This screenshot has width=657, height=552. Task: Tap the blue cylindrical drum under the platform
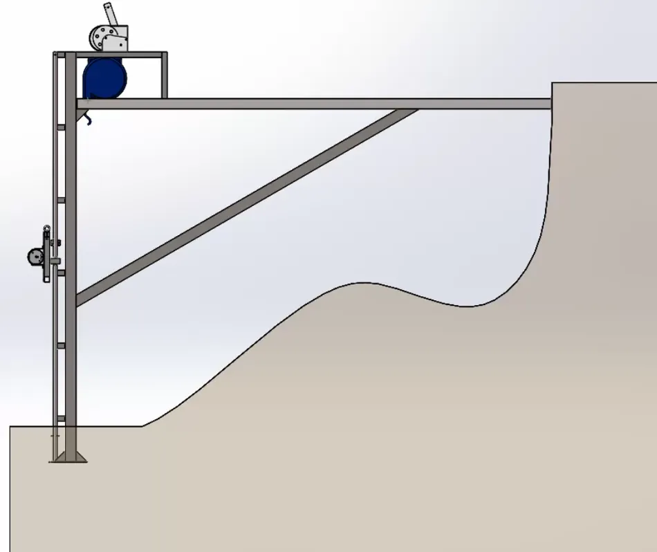105,79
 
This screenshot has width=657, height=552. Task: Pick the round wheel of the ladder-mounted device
35,257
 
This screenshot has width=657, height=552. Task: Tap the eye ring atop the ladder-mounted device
47,228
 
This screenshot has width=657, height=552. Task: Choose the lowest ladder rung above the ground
61,418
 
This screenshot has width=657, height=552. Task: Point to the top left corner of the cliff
553,84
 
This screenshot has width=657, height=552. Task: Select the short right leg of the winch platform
165,76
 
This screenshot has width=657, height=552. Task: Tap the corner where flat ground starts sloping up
143,426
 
